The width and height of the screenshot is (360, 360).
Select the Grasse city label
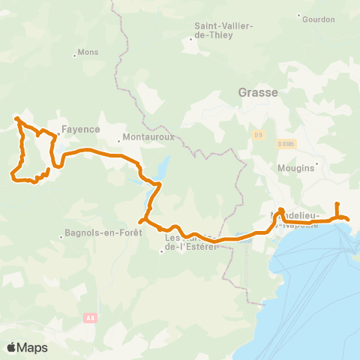point(258,93)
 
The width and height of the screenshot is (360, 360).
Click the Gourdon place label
point(319,19)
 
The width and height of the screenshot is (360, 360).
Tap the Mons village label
point(88,54)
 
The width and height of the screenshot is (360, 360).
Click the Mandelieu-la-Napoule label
point(300,220)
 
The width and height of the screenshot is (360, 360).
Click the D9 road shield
point(258,135)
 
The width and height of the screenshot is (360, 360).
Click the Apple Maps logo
point(27,347)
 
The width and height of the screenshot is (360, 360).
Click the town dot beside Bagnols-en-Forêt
point(61,238)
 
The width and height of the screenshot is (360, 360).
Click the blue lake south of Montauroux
point(163,166)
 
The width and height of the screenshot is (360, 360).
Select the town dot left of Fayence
point(58,135)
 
